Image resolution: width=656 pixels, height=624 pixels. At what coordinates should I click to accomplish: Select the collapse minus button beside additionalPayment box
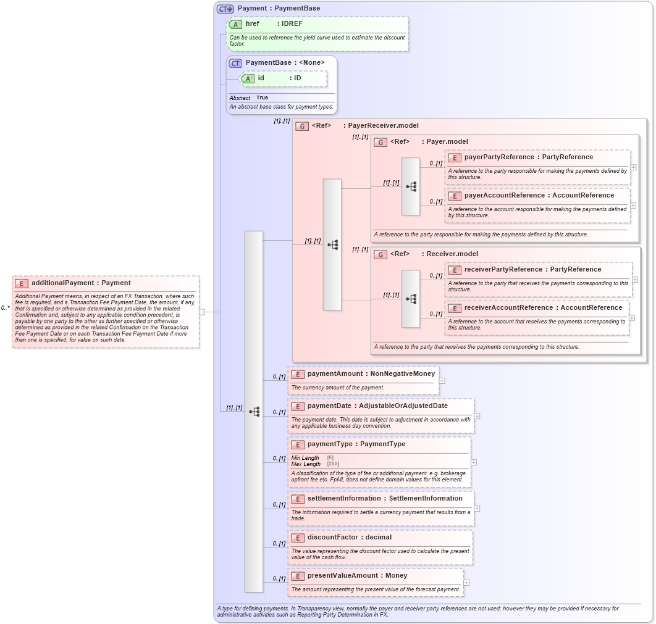(202, 312)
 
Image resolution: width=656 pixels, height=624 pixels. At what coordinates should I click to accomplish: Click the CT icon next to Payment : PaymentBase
(225, 9)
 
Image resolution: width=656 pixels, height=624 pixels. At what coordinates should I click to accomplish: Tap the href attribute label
(252, 23)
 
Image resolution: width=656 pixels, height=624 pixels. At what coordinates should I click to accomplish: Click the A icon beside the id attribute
(248, 78)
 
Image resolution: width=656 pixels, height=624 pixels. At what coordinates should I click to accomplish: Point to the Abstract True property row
(249, 98)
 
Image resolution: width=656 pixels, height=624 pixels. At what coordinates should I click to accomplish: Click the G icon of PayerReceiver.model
(302, 126)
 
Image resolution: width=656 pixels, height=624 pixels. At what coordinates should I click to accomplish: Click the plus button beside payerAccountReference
(633, 206)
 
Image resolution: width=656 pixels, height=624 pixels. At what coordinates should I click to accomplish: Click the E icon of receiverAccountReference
(455, 308)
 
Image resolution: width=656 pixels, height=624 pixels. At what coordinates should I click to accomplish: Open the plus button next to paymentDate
(477, 416)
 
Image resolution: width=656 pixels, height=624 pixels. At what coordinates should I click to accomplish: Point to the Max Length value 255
(333, 464)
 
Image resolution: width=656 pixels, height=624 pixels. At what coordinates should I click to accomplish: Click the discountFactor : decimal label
(349, 537)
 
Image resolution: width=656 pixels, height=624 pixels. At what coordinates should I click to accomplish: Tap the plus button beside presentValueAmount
(466, 582)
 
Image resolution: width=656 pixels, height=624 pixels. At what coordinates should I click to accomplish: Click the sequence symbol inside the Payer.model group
(411, 186)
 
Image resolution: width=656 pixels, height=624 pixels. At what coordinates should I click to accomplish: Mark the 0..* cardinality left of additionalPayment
(6, 307)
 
